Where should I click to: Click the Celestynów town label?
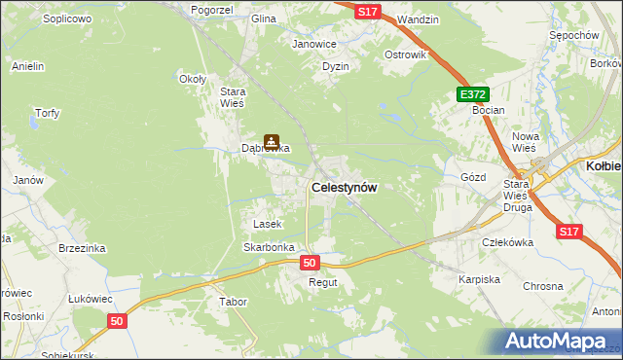[x=344, y=187]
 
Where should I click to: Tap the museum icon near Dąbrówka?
[x=272, y=142]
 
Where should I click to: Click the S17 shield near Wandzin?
[x=367, y=11]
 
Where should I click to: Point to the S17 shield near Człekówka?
[x=570, y=232]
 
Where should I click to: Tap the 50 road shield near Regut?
[x=310, y=263]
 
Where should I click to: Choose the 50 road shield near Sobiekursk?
[x=117, y=321]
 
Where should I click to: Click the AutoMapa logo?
[x=558, y=342]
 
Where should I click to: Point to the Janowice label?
[x=313, y=44]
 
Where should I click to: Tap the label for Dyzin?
[x=336, y=66]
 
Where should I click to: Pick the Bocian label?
[x=488, y=110]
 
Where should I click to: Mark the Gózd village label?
[x=472, y=177]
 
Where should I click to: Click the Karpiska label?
[x=479, y=279]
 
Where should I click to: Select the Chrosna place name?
[x=543, y=286]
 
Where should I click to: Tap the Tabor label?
[x=233, y=302]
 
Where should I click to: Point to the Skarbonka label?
[x=269, y=247]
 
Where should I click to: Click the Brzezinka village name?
[x=81, y=248]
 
